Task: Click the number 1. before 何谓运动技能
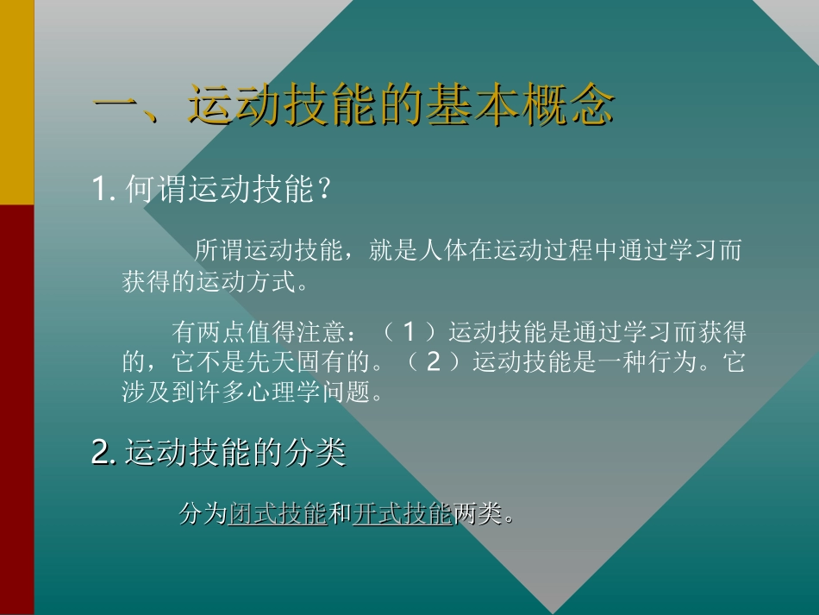[103, 189]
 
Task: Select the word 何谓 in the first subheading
[154, 189]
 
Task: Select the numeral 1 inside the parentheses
[410, 331]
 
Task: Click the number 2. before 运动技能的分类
[103, 451]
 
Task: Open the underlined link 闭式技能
[278, 514]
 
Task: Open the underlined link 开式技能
[402, 514]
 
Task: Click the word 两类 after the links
[476, 514]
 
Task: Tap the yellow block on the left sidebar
[16, 102]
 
